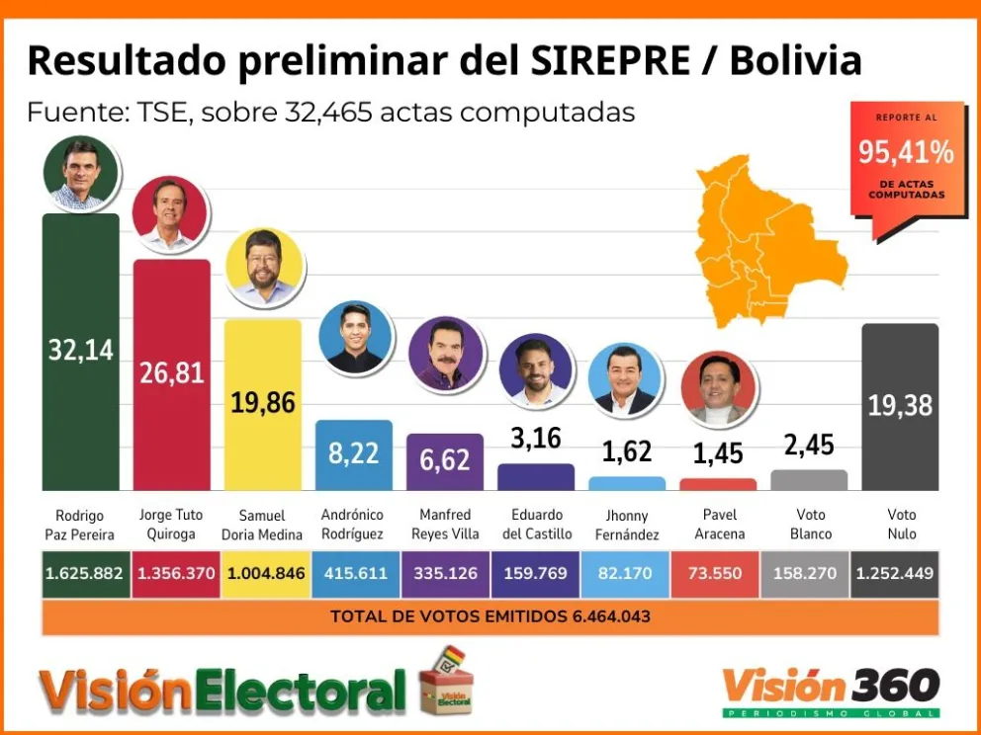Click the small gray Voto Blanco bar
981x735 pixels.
coord(809,480)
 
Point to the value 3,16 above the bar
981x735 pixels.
coord(535,438)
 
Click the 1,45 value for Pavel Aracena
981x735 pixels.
coord(718,453)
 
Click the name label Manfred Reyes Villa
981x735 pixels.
coord(445,525)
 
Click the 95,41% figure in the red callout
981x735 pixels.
coord(906,152)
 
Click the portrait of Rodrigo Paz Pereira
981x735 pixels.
coord(81,173)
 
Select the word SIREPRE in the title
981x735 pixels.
coord(611,61)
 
